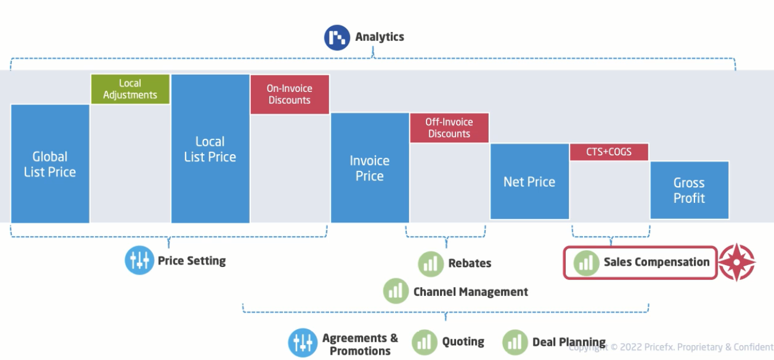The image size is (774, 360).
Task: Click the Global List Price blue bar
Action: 50,164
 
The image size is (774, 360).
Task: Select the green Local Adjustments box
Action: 130,89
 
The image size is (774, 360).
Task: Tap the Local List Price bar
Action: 210,149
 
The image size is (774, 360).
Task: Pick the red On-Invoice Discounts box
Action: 289,94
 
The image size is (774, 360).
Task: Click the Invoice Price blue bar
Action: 370,168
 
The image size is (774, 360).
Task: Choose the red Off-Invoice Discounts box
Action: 449,128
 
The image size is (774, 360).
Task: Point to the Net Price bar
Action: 529,181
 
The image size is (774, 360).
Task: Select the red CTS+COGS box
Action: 609,152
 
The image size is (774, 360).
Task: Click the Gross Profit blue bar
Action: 689,190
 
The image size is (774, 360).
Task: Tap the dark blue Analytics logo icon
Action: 337,37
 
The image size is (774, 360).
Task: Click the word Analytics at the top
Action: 380,37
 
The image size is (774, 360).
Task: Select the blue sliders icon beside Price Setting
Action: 139,261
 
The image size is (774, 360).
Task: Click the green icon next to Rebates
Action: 431,263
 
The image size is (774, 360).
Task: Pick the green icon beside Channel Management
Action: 396,291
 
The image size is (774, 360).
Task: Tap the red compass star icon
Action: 737,262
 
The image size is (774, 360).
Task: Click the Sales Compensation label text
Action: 656,262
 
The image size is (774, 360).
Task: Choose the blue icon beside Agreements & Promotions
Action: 302,343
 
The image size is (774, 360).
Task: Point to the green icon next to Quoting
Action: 425,342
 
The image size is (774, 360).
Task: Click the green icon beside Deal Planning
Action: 515,342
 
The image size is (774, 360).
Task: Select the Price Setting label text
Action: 192,260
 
